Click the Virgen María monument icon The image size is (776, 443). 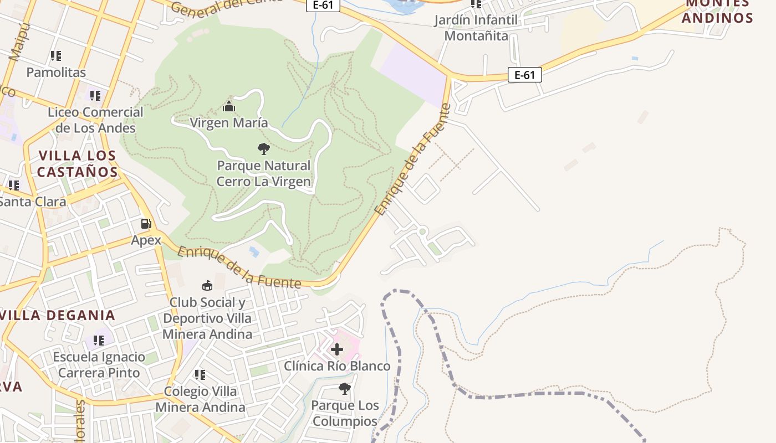229,106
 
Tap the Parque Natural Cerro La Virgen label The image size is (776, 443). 263,173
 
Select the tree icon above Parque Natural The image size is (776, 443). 264,148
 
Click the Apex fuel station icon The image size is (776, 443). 146,224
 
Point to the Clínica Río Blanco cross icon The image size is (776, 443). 336,349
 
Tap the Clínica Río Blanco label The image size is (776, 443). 337,366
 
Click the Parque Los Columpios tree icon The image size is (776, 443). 344,389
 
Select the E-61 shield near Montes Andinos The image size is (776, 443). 524,75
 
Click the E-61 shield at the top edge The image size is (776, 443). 323,5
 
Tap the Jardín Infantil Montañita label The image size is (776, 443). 476,28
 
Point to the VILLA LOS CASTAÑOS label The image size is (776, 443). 77,163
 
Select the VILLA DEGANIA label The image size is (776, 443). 58,315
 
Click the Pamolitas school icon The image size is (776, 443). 55,56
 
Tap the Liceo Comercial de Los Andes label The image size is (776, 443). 95,120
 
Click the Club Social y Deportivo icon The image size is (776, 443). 207,285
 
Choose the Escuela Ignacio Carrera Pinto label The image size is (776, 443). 99,364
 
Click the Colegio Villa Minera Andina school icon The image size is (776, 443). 200,375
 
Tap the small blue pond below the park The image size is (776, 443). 254,252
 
